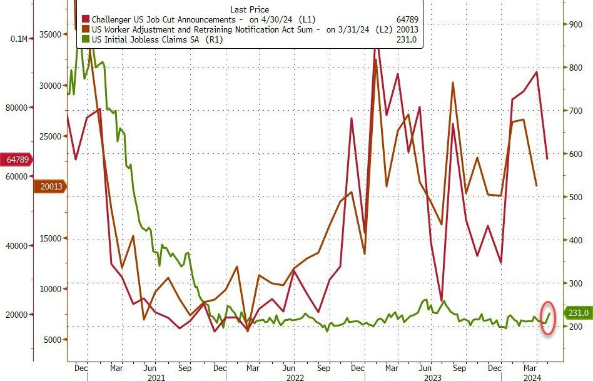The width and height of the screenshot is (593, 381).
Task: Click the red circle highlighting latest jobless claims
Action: click(x=549, y=318)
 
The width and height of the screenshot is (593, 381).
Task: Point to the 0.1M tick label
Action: click(x=19, y=39)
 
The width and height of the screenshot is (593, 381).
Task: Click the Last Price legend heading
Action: click(x=250, y=9)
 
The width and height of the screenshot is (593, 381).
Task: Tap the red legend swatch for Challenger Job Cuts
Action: click(x=86, y=20)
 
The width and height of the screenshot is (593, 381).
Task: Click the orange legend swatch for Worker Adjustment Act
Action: click(x=86, y=29)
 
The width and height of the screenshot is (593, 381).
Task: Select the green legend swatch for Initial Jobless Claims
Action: click(x=86, y=39)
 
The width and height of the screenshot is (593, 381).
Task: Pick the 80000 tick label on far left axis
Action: click(x=16, y=108)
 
